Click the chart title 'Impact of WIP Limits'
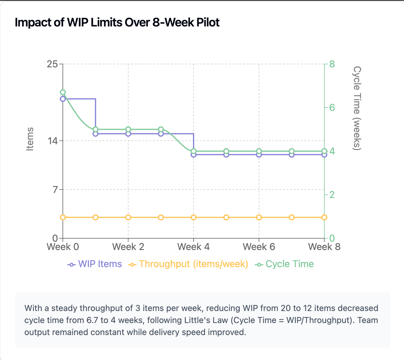point(117,23)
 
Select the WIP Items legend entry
point(95,264)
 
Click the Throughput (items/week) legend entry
point(188,264)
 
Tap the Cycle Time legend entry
point(284,264)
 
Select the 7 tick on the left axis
point(55,190)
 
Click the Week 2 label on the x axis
point(128,247)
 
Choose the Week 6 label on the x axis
point(259,247)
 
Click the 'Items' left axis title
point(30,139)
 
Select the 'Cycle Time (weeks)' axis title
point(357,108)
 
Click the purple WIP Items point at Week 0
point(63,99)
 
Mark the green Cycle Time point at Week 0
point(63,93)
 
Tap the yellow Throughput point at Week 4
point(194,217)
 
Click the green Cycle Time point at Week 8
point(324,151)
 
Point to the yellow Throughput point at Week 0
point(63,217)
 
